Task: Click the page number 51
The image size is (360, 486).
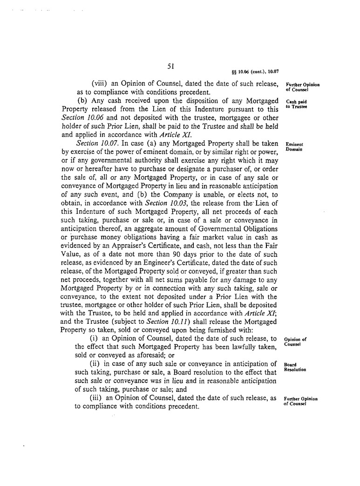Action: click(170, 67)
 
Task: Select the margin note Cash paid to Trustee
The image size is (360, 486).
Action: click(296, 103)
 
